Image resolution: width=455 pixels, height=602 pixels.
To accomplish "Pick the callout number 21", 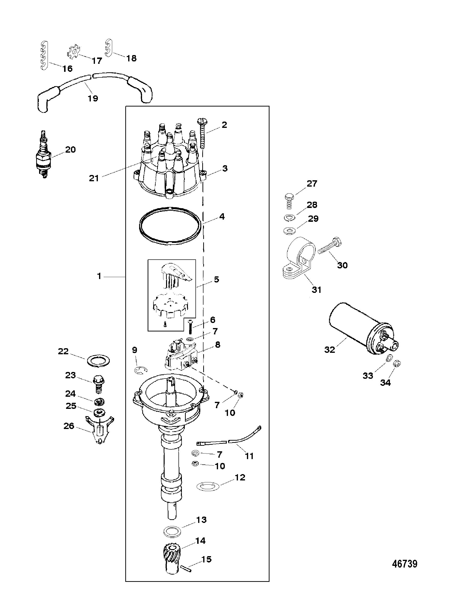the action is point(94,179).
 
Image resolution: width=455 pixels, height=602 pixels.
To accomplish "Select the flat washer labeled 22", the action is point(99,361).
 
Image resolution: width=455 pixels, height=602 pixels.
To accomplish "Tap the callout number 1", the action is point(99,276).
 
